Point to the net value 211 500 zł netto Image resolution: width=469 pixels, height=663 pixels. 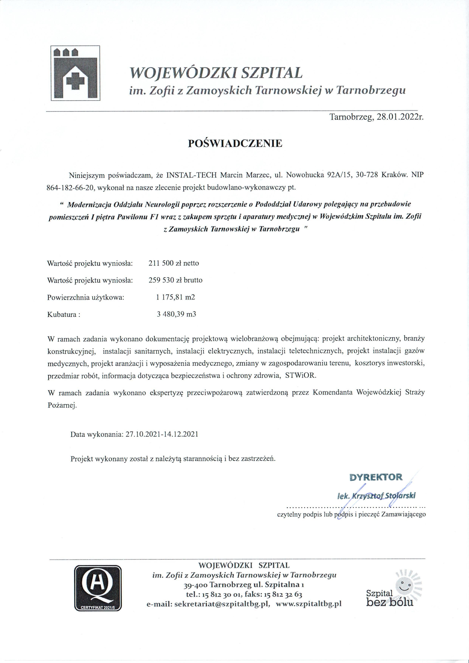coord(174,263)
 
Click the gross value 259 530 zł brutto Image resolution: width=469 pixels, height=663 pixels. coord(175,280)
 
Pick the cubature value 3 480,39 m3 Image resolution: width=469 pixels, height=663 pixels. coord(176,314)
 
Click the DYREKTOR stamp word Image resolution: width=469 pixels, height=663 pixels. coord(376,477)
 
